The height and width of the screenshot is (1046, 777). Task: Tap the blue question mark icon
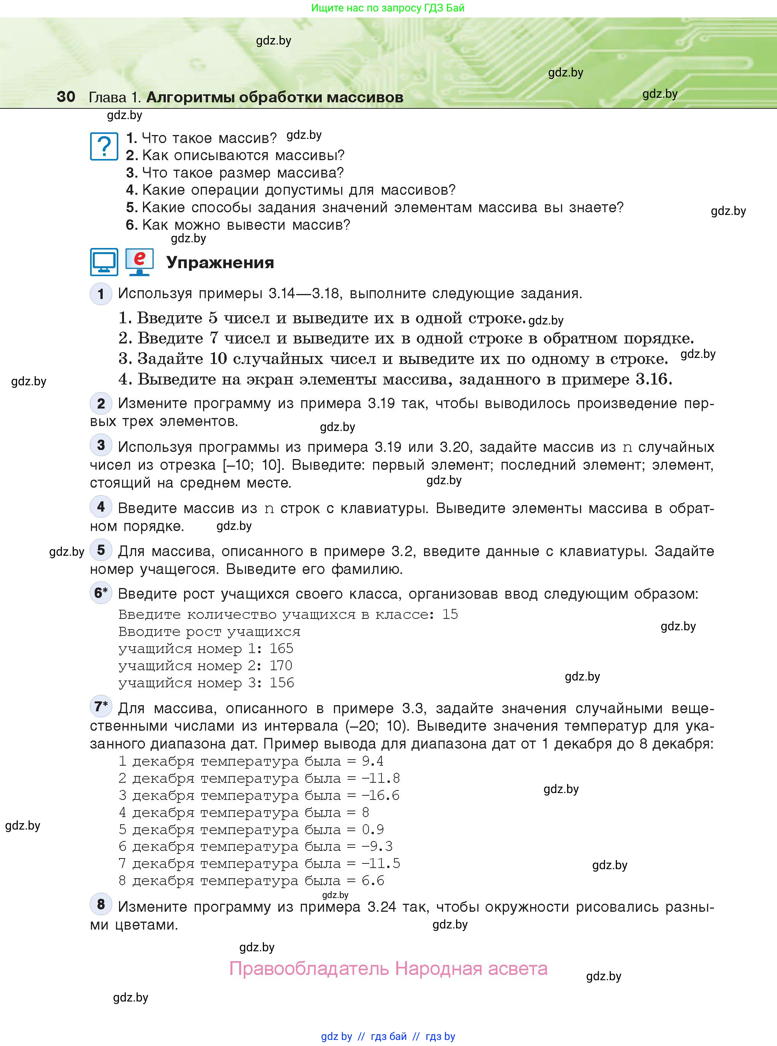tap(104, 146)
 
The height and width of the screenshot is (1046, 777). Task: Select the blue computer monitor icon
tap(104, 262)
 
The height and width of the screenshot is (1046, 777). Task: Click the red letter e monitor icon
tap(139, 262)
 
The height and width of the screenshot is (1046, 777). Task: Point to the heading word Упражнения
tap(220, 262)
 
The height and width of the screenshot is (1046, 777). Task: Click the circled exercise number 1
tap(101, 294)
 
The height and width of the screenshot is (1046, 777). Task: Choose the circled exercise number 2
tap(101, 404)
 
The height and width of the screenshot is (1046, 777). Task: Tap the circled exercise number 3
tap(101, 445)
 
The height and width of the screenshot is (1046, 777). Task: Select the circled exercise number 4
tap(101, 507)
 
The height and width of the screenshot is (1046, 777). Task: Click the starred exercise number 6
tap(101, 593)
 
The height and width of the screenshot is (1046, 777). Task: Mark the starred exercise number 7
tap(101, 706)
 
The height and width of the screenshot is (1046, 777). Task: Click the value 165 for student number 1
tap(281, 649)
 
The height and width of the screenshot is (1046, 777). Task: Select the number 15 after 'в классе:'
tap(450, 614)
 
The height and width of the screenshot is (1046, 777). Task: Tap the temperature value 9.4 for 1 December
tap(372, 761)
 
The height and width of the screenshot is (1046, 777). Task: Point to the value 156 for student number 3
tap(282, 683)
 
